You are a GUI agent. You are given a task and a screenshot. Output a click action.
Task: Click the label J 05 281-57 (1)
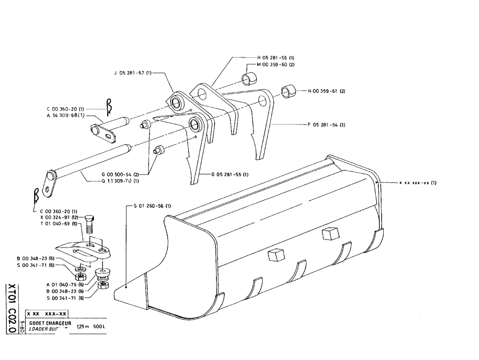pos(133,73)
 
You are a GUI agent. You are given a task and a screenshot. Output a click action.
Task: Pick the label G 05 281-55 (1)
pos(228,174)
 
